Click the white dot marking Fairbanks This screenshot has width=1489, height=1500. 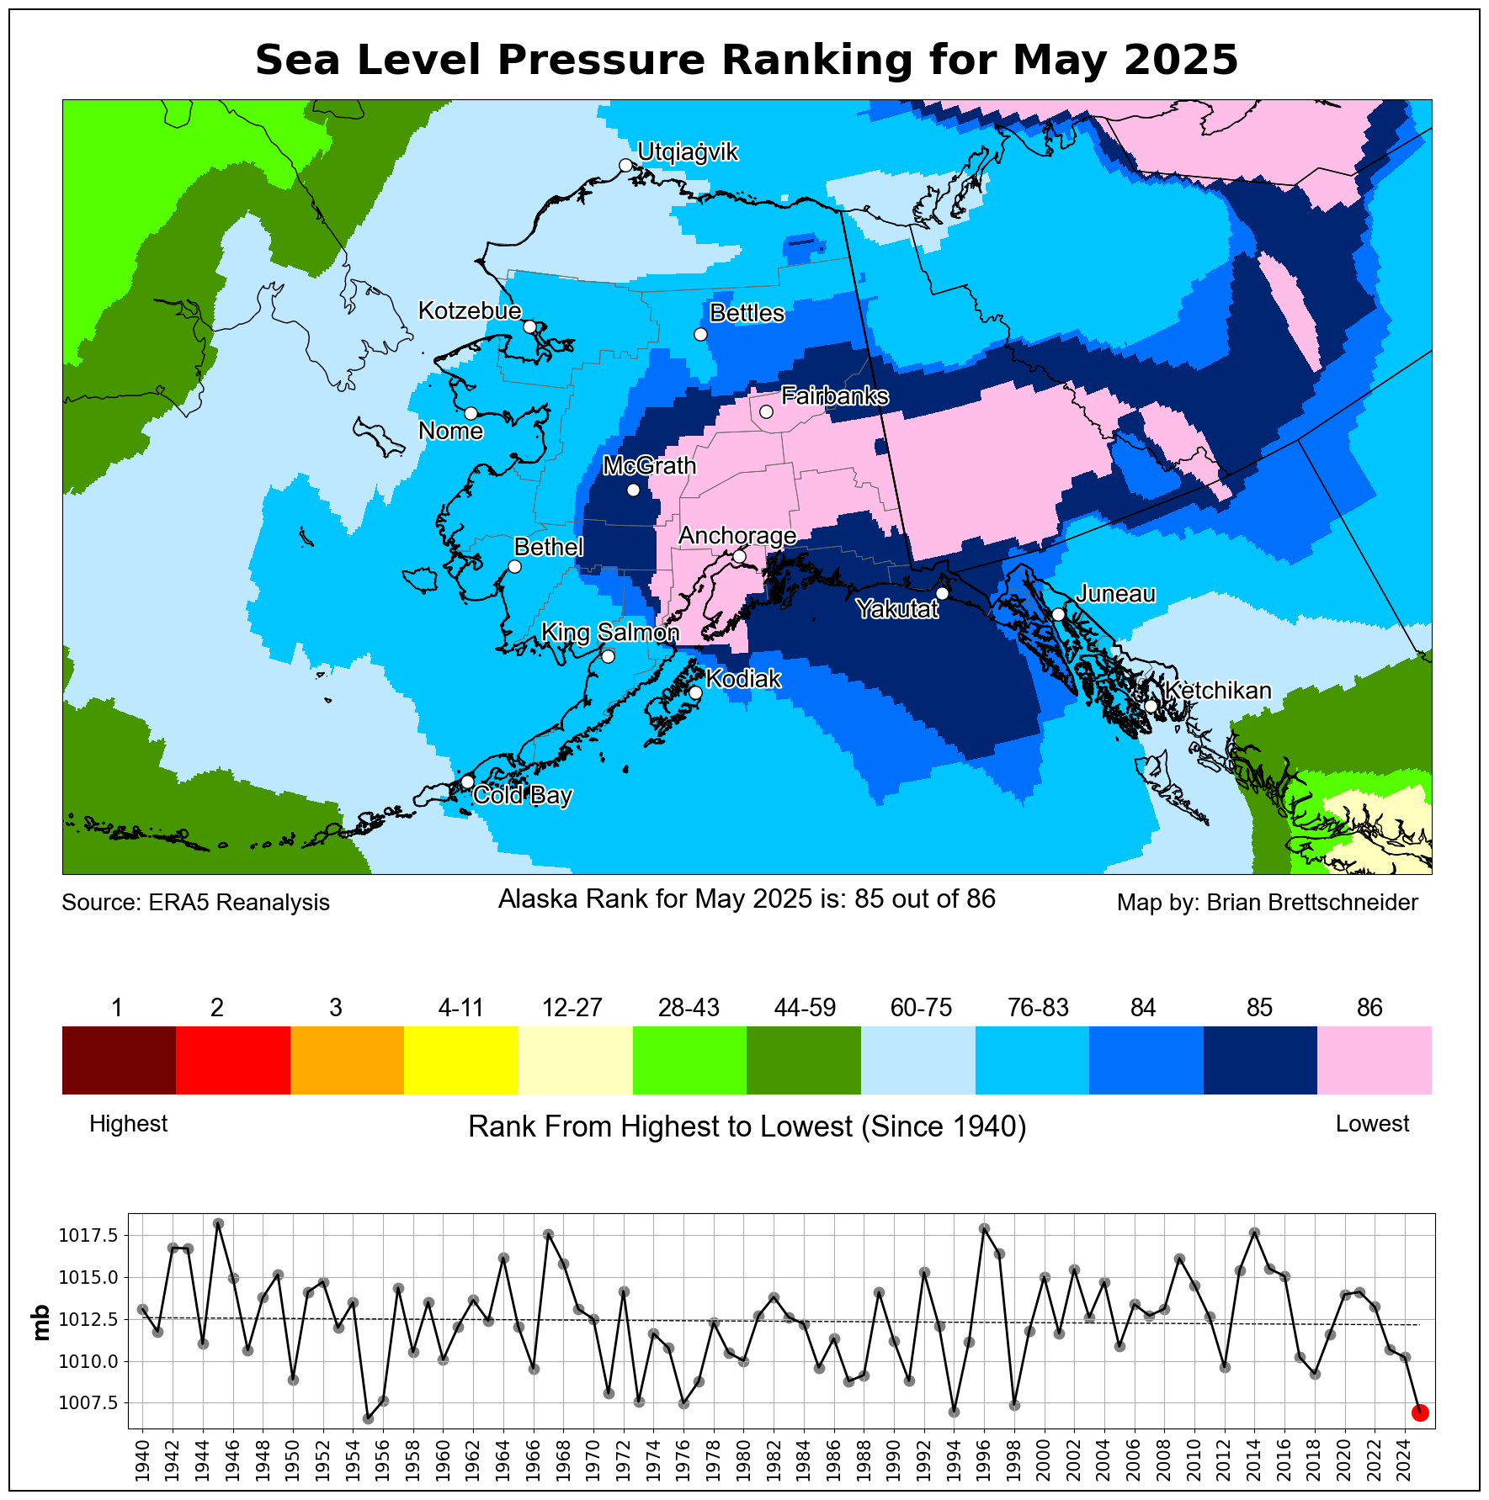point(766,411)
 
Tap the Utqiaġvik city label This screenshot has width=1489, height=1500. point(688,152)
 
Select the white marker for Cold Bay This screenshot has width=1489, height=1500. point(468,782)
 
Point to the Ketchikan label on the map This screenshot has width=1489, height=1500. point(1218,691)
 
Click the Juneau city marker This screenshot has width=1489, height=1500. point(1059,614)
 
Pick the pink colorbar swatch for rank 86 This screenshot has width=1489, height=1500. point(1374,1060)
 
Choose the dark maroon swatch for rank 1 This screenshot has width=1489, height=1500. point(119,1060)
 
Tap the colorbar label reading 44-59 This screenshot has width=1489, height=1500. point(805,1008)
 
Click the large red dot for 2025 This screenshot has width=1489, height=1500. point(1419,1413)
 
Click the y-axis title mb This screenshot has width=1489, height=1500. point(40,1322)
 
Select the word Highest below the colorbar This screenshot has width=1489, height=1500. point(128,1124)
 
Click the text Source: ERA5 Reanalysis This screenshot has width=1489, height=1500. point(195,903)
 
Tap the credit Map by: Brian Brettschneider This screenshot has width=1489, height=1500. point(1267,903)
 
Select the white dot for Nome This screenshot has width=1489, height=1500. point(471,413)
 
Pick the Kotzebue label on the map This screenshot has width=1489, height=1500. point(470,311)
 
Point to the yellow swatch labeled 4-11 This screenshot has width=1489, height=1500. point(461,1060)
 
